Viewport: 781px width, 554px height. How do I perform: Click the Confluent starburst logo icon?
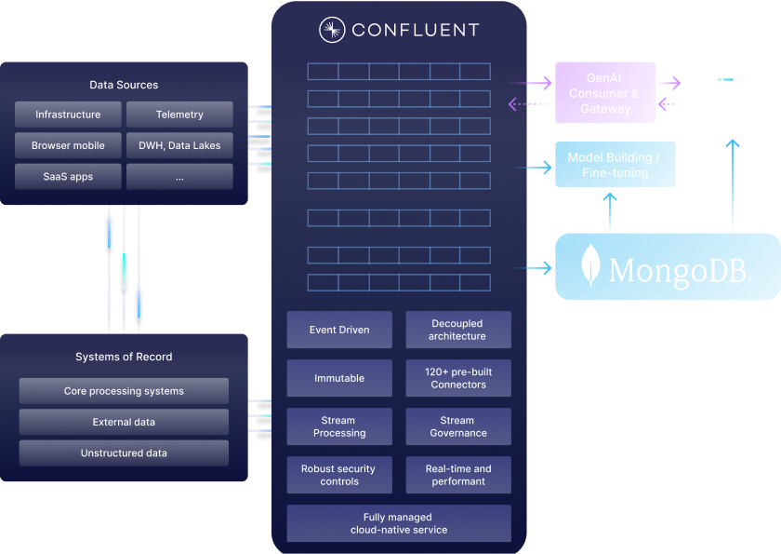click(332, 31)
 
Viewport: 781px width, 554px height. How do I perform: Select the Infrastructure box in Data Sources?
click(68, 115)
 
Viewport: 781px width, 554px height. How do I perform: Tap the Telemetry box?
click(179, 115)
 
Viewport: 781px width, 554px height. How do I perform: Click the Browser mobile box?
click(68, 145)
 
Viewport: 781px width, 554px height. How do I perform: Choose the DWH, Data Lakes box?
click(179, 145)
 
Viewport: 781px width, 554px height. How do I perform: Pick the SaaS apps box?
click(68, 176)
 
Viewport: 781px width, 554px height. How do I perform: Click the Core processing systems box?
click(124, 391)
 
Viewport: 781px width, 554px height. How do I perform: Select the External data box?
click(124, 422)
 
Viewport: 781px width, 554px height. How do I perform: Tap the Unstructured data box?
click(124, 453)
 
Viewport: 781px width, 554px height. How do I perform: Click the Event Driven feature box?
click(339, 330)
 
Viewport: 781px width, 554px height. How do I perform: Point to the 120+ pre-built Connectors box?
click(458, 378)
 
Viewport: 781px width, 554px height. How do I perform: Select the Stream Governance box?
click(458, 426)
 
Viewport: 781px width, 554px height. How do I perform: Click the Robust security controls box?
click(339, 475)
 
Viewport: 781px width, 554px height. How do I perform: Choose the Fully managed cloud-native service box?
click(398, 523)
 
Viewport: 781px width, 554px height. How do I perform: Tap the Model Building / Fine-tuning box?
click(615, 165)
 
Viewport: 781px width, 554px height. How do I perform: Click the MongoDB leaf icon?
click(589, 266)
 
